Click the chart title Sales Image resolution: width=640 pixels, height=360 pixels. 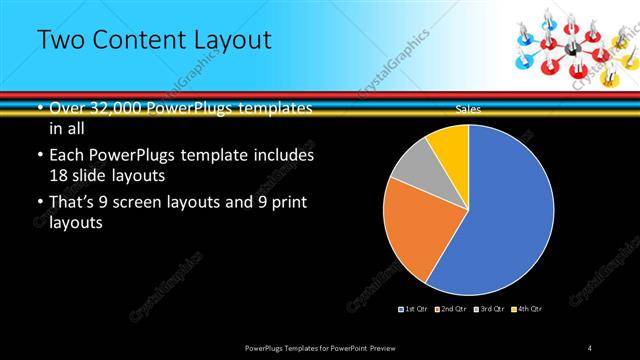467,108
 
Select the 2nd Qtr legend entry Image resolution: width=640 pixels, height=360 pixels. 452,310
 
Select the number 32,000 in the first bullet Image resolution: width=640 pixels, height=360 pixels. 121,108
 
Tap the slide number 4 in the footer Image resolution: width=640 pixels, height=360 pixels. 590,347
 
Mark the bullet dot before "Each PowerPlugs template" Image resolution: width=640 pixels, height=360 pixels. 39,156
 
